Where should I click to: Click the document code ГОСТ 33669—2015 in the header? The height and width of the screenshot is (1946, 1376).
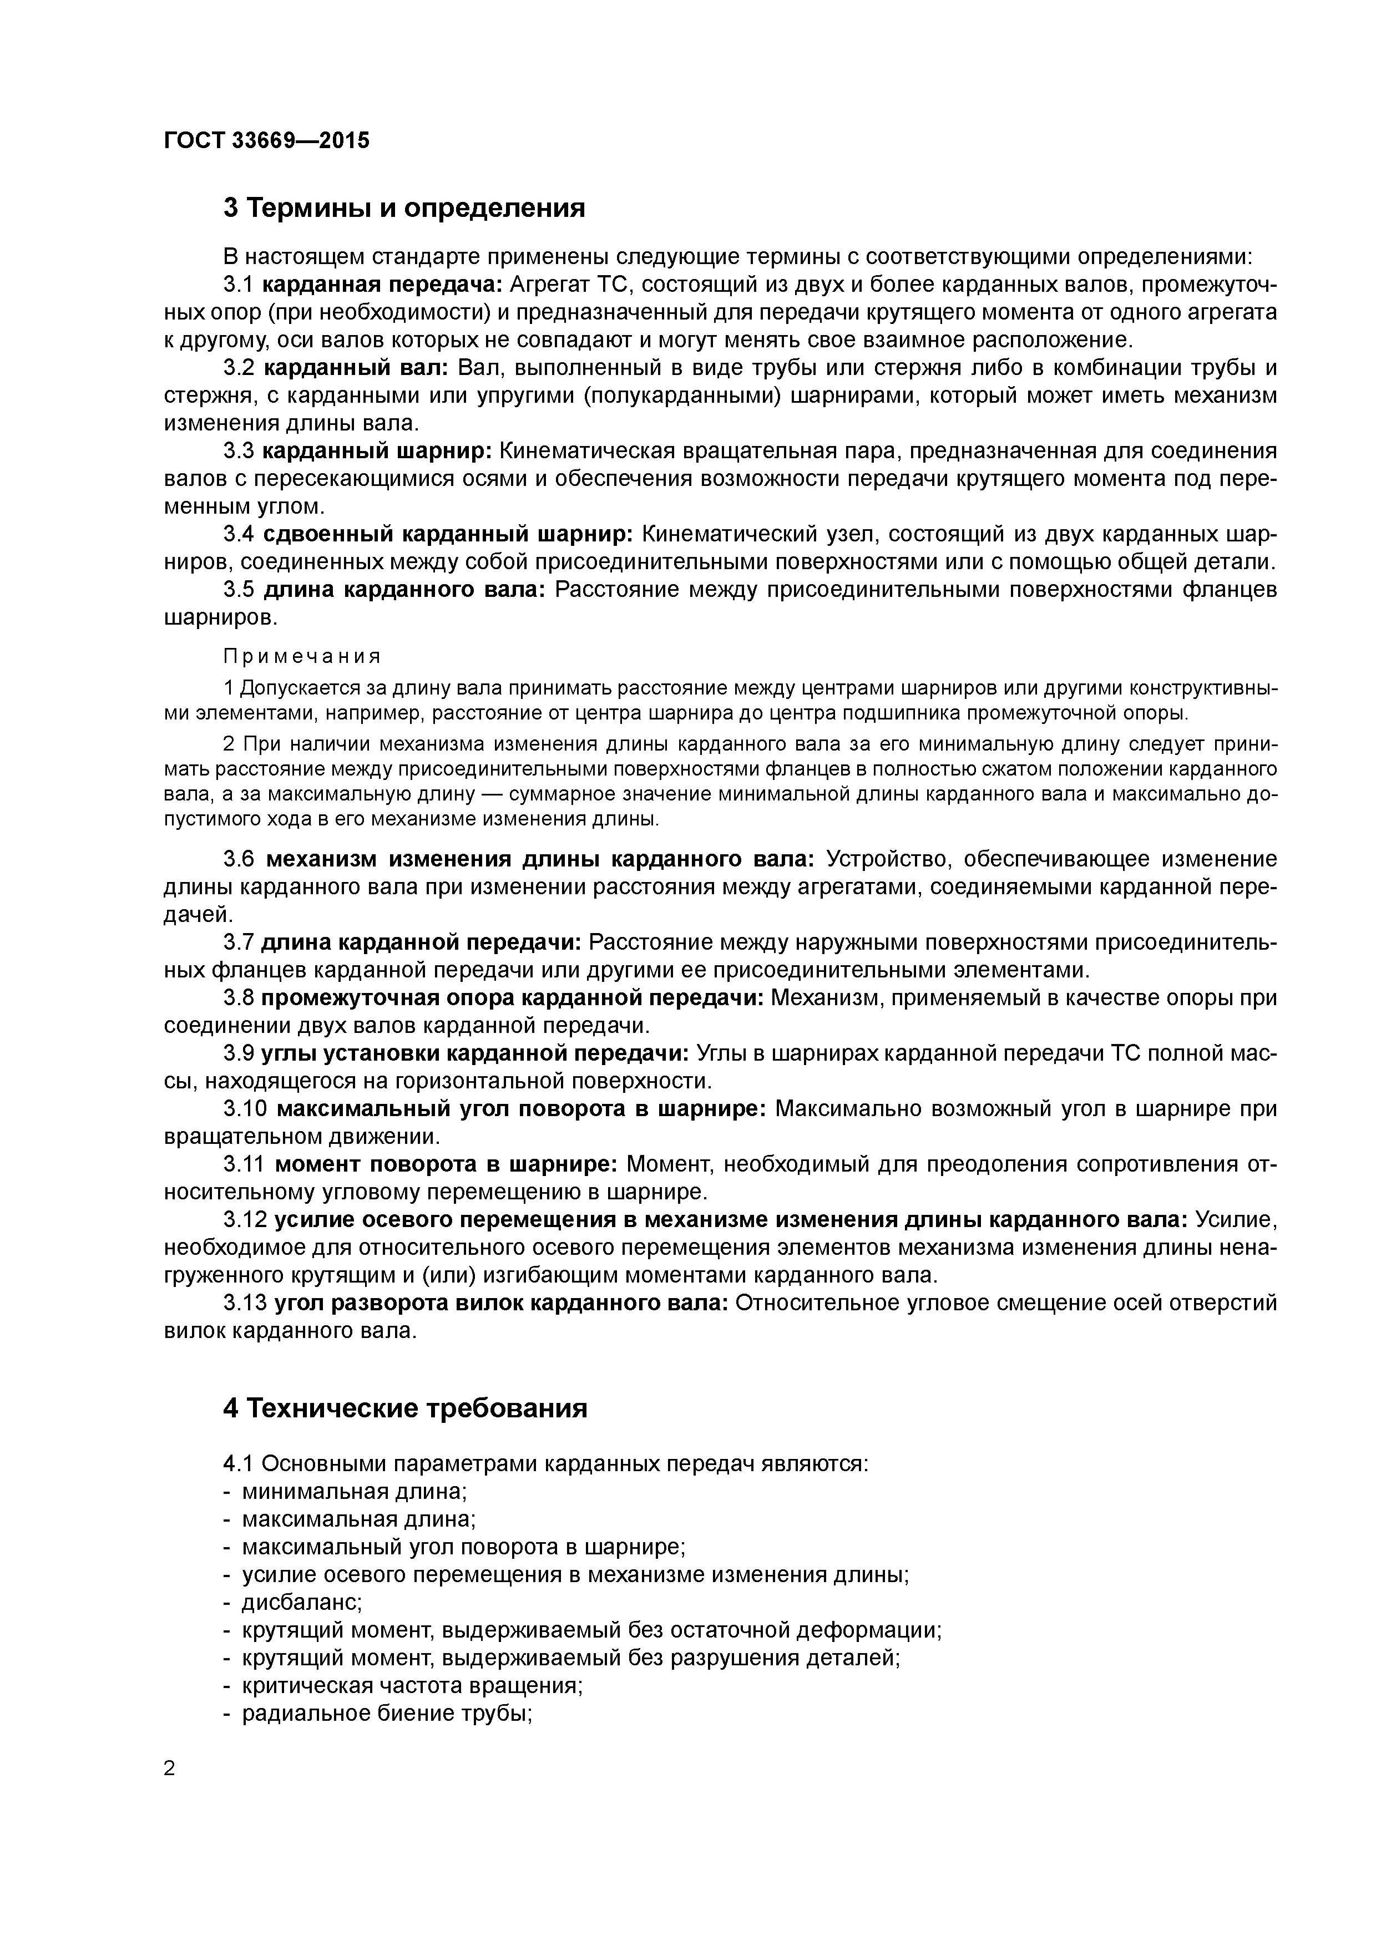coord(266,141)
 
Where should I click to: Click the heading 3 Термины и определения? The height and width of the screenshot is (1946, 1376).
coord(403,207)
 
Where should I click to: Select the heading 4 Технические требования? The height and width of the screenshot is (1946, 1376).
coord(404,1408)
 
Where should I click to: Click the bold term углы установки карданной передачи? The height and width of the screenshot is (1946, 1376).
coord(475,1053)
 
